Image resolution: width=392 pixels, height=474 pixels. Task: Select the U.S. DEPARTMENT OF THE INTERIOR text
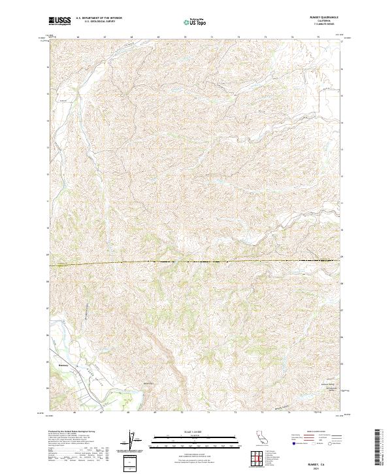(99, 19)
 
